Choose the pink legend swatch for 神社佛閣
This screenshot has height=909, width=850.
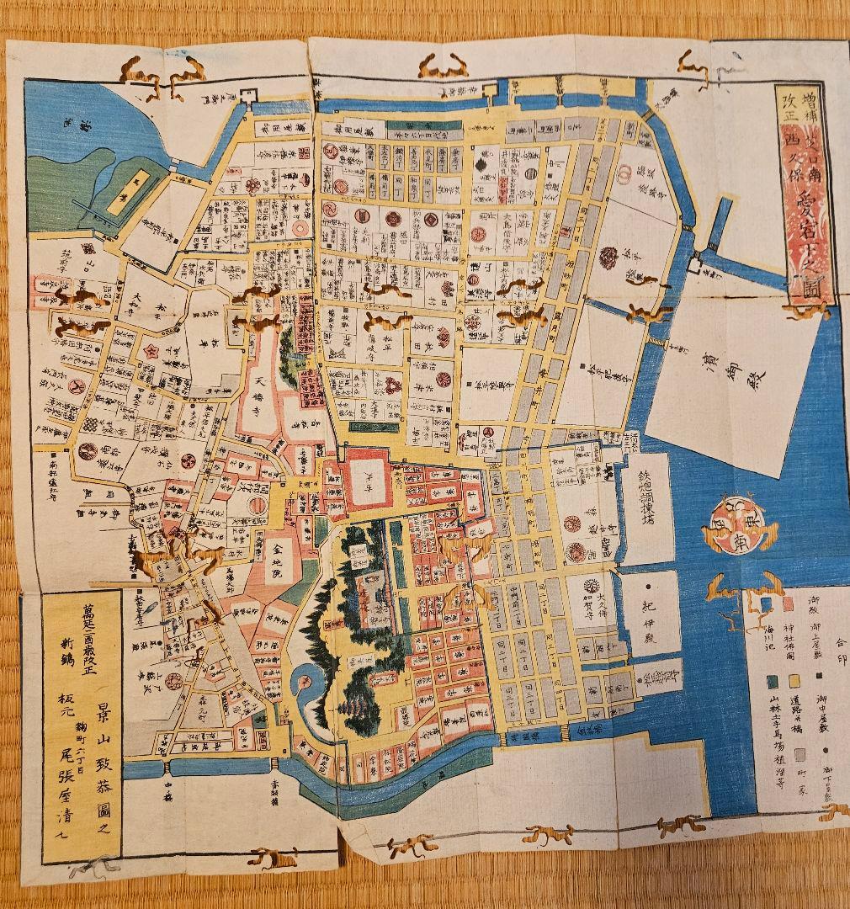(x=788, y=603)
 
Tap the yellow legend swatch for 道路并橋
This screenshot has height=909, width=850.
(x=789, y=679)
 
